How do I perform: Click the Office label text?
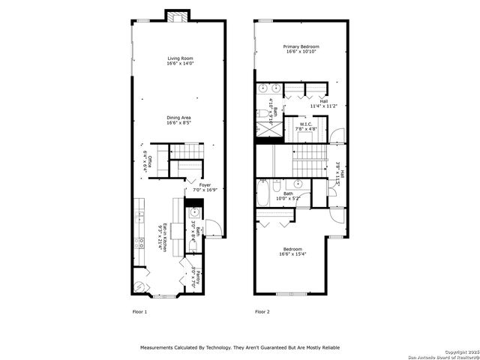pyautogui.click(x=150, y=160)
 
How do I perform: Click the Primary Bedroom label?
pyautogui.click(x=300, y=47)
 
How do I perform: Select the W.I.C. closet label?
pyautogui.click(x=305, y=124)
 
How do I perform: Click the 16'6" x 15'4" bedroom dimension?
pyautogui.click(x=292, y=255)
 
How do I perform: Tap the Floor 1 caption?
pyautogui.click(x=139, y=311)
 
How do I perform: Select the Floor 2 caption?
pyautogui.click(x=262, y=311)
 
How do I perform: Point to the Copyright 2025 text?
pyautogui.click(x=460, y=352)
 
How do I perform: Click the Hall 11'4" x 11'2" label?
pyautogui.click(x=324, y=105)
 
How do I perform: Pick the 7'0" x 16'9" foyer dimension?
pyautogui.click(x=205, y=190)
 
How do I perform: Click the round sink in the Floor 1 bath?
pyautogui.click(x=184, y=213)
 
